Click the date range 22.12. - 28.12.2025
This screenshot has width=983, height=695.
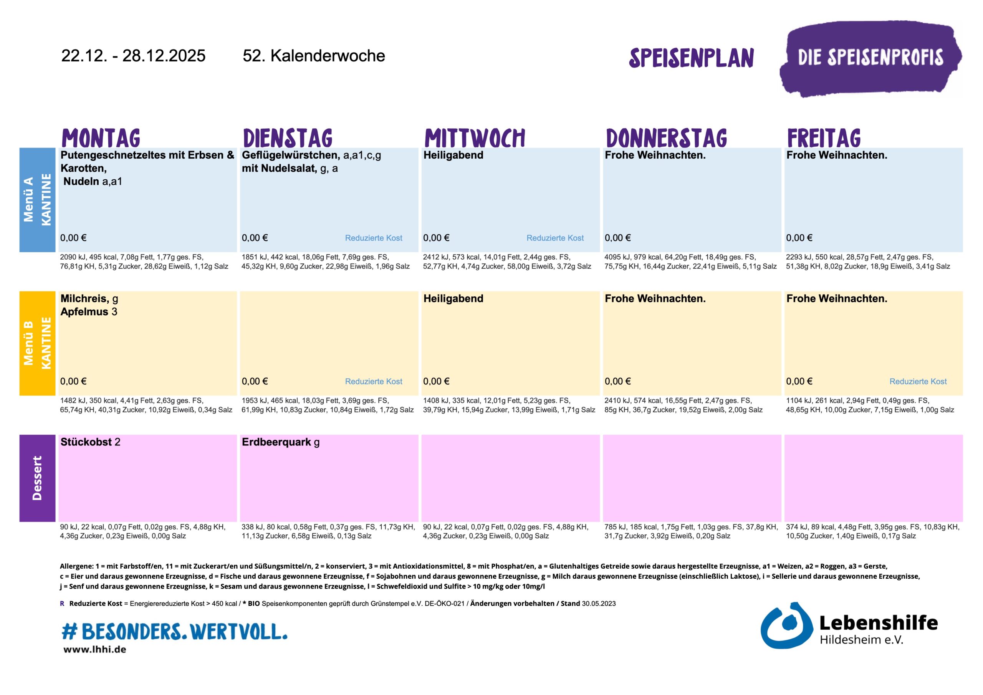tap(133, 56)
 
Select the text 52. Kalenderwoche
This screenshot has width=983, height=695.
tap(313, 56)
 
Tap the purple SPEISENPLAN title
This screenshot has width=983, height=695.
tap(691, 58)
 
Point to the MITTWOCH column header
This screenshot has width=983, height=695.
tap(474, 138)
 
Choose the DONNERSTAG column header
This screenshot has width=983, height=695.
tap(666, 138)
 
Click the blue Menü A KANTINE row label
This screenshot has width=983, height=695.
tap(37, 200)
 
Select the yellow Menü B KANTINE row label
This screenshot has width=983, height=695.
tap(37, 343)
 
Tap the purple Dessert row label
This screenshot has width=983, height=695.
tap(37, 478)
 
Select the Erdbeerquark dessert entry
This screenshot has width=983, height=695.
tap(276, 442)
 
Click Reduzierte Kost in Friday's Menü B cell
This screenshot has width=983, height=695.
tap(918, 381)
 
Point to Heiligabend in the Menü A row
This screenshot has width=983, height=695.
tap(453, 155)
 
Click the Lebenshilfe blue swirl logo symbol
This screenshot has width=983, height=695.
tap(786, 625)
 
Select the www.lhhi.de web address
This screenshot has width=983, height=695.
tap(94, 649)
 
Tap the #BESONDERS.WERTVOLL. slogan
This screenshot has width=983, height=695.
tap(175, 631)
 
